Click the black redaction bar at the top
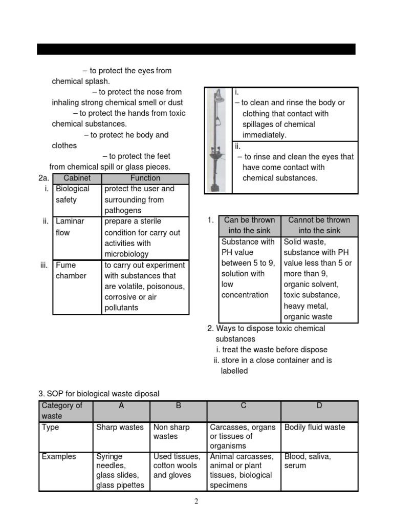pos(196,49)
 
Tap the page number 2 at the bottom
pos(196,501)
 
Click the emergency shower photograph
pos(219,140)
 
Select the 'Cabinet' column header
pos(77,178)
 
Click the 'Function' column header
pos(145,178)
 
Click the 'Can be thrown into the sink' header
pos(249,226)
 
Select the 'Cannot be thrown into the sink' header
pos(319,226)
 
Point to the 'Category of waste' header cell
pos(66,411)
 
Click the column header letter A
pos(121,406)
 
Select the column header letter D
pos(319,406)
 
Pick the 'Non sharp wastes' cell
pos(178,432)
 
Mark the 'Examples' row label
pos(59,456)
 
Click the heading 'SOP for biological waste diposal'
pos(99,394)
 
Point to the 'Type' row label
pos(51,428)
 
